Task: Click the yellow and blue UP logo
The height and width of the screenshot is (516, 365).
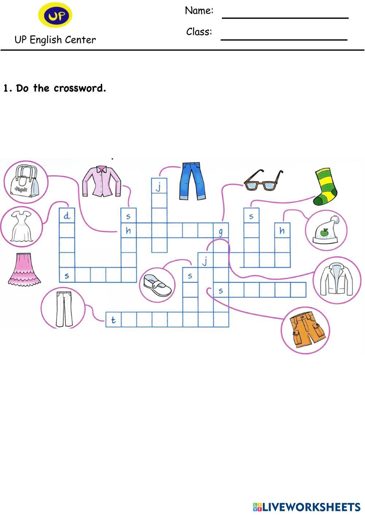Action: (x=55, y=15)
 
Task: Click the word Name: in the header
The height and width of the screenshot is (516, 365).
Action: (x=199, y=11)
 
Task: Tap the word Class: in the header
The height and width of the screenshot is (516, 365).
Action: (x=199, y=31)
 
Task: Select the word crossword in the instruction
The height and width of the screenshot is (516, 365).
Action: (x=80, y=88)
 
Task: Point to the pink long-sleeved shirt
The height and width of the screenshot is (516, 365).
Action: (x=101, y=181)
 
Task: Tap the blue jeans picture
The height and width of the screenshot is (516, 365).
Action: (x=192, y=181)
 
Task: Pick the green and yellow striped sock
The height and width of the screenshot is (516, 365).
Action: (x=325, y=186)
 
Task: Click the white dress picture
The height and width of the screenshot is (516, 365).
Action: (x=22, y=227)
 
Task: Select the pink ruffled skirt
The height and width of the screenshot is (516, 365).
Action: (x=24, y=270)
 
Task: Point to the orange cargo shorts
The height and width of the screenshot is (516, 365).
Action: (x=307, y=330)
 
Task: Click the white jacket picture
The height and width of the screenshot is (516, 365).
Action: (x=337, y=280)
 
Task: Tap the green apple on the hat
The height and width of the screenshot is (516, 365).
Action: (x=325, y=232)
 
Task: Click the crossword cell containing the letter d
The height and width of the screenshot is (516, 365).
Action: (x=67, y=216)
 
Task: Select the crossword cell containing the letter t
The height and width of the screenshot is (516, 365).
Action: (x=114, y=320)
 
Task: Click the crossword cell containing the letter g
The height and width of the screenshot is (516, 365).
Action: (x=221, y=230)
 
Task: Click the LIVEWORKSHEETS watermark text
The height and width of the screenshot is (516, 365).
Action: (x=311, y=507)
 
